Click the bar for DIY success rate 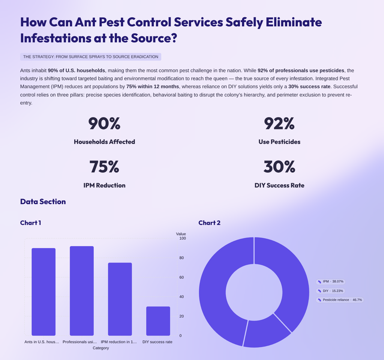tap(158, 321)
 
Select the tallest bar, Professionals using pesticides tap(82, 291)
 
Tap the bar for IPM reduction tap(120, 299)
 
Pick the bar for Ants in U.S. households tap(43, 292)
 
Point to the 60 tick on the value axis tap(181, 277)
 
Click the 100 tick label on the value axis tap(183, 238)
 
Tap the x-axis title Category tap(100, 348)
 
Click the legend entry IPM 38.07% tap(331, 282)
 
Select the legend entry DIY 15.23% tap(330, 291)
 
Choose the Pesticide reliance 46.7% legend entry tap(340, 300)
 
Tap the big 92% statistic tap(279, 124)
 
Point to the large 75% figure tap(104, 167)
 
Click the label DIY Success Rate tap(279, 185)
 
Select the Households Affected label tap(104, 142)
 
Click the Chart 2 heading tap(209, 223)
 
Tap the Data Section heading tap(43, 202)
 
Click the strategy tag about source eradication tap(91, 57)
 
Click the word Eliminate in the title tap(294, 22)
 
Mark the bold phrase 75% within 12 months tap(153, 87)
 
